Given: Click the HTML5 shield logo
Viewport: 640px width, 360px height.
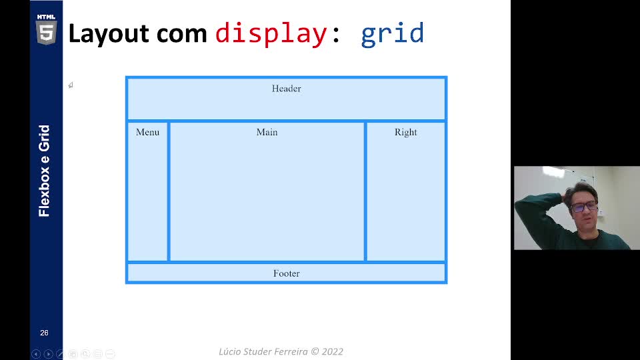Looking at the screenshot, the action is point(46,29).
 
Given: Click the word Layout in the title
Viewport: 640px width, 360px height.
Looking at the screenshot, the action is point(109,34).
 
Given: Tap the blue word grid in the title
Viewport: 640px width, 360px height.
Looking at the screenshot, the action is point(392,34).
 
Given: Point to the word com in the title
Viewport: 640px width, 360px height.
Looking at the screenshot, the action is point(181,34).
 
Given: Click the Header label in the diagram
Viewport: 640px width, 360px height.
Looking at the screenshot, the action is point(286,89).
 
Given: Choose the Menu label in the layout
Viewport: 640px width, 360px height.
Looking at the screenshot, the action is point(147,132).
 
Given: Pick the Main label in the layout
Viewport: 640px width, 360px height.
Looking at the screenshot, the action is point(267,132).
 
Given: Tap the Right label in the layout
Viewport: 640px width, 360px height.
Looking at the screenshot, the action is point(406,132).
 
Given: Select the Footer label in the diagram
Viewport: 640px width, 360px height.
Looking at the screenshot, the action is point(286,273).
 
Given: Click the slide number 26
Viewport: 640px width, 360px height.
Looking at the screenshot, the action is point(44,333).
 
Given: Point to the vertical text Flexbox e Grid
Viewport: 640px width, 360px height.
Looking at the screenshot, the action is point(44,171).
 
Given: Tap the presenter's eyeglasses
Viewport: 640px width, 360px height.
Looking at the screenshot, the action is point(584,206).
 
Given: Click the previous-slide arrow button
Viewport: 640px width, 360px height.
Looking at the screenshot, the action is point(36,354).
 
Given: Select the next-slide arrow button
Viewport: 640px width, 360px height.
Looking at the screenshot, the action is point(48,354).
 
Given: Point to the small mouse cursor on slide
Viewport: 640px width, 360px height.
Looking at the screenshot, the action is point(71,85).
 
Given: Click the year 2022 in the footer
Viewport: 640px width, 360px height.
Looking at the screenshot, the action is point(332,351).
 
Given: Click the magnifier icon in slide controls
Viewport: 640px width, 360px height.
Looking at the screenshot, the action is point(85,354).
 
